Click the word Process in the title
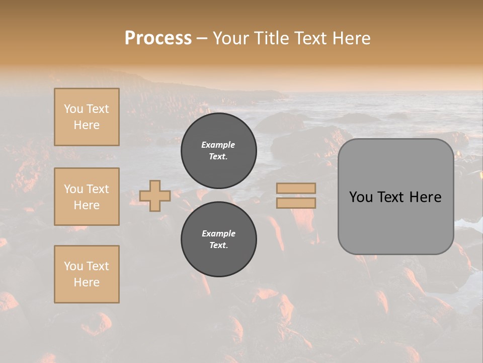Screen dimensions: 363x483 pos(158,38)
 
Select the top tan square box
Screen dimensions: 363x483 pos(87,117)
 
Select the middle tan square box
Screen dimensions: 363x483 pos(87,197)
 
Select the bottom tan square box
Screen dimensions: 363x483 pos(87,274)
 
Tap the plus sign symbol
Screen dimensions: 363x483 pos(155,196)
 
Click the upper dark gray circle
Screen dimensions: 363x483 pos(218,151)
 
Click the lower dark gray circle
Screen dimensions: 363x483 pos(218,239)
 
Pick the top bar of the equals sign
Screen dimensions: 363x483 pos(296,188)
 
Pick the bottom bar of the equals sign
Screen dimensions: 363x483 pos(296,203)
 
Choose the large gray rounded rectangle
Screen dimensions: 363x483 pos(395,197)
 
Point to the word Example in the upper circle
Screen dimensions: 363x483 pos(218,145)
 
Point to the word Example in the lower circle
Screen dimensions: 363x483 pos(218,234)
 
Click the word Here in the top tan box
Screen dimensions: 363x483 pos(87,125)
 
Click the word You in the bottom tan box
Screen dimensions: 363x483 pos(73,266)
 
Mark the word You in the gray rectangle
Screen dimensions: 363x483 pos(361,197)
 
